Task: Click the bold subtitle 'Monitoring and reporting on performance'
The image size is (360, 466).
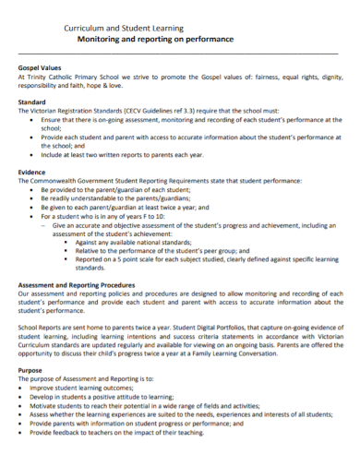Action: click(x=155, y=41)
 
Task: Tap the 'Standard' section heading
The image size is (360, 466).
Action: click(x=33, y=102)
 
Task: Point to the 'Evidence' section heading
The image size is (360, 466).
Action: click(x=33, y=172)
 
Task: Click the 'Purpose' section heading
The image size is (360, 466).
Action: click(x=30, y=369)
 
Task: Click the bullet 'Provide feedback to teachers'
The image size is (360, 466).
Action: click(x=120, y=432)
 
